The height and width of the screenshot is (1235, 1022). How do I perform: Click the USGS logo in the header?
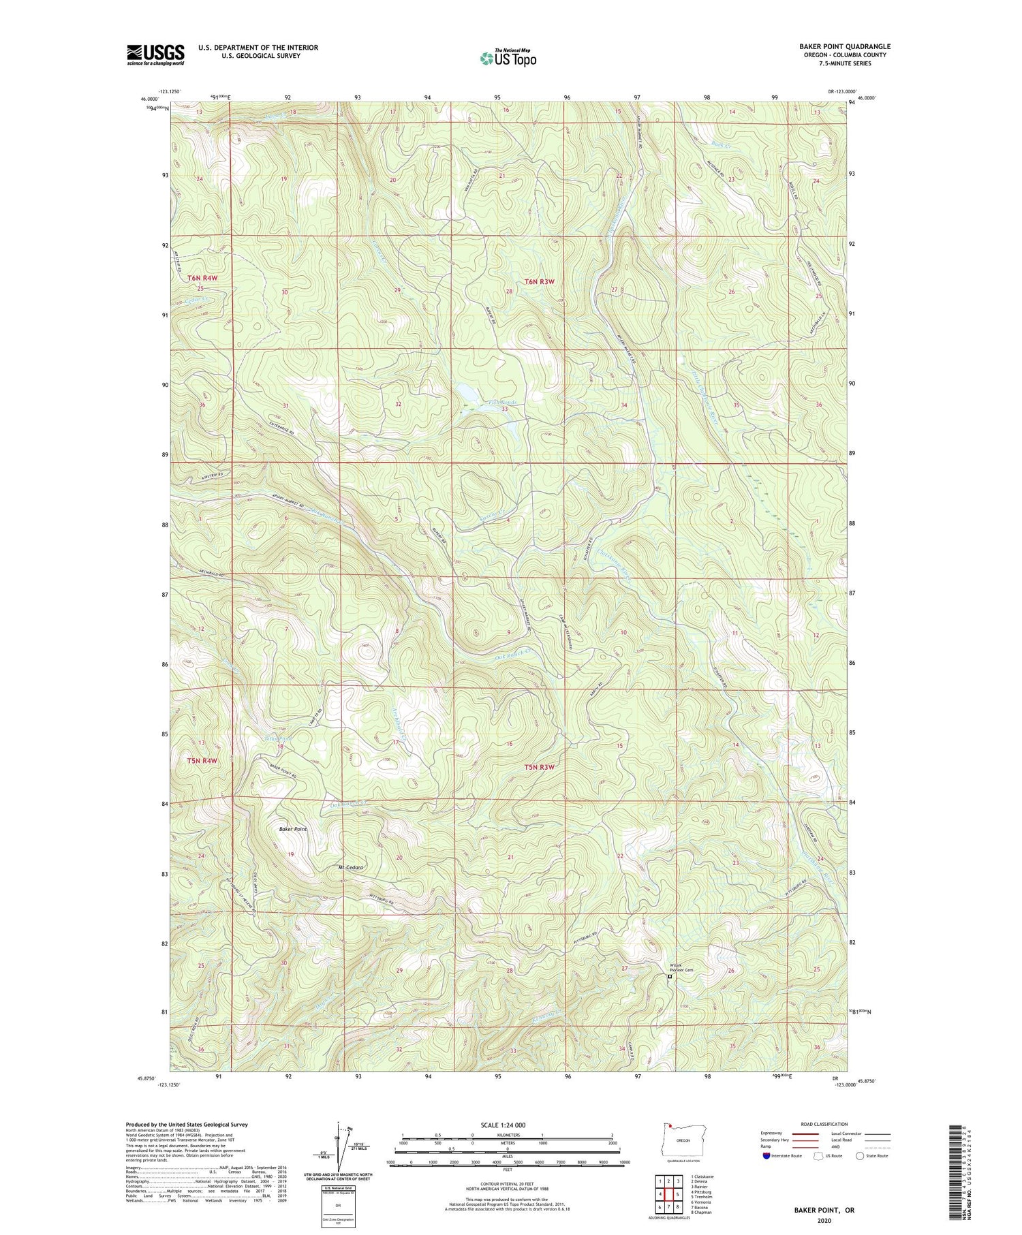coord(155,54)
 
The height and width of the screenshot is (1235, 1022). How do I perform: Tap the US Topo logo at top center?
coord(508,58)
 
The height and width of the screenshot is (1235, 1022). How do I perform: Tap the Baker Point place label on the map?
coord(294,829)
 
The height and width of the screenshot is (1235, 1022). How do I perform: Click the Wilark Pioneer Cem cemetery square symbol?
coord(669,976)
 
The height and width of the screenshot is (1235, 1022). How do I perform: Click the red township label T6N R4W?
coord(202,278)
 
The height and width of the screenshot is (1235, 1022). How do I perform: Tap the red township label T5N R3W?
coord(540,767)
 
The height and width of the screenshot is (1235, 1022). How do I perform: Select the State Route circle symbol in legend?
coord(861,1156)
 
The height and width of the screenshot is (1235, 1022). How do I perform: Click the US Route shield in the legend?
coord(818,1156)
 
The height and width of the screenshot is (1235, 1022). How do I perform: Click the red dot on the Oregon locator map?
coord(671,1125)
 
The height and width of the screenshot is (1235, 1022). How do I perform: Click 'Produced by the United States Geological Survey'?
coord(187,1125)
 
